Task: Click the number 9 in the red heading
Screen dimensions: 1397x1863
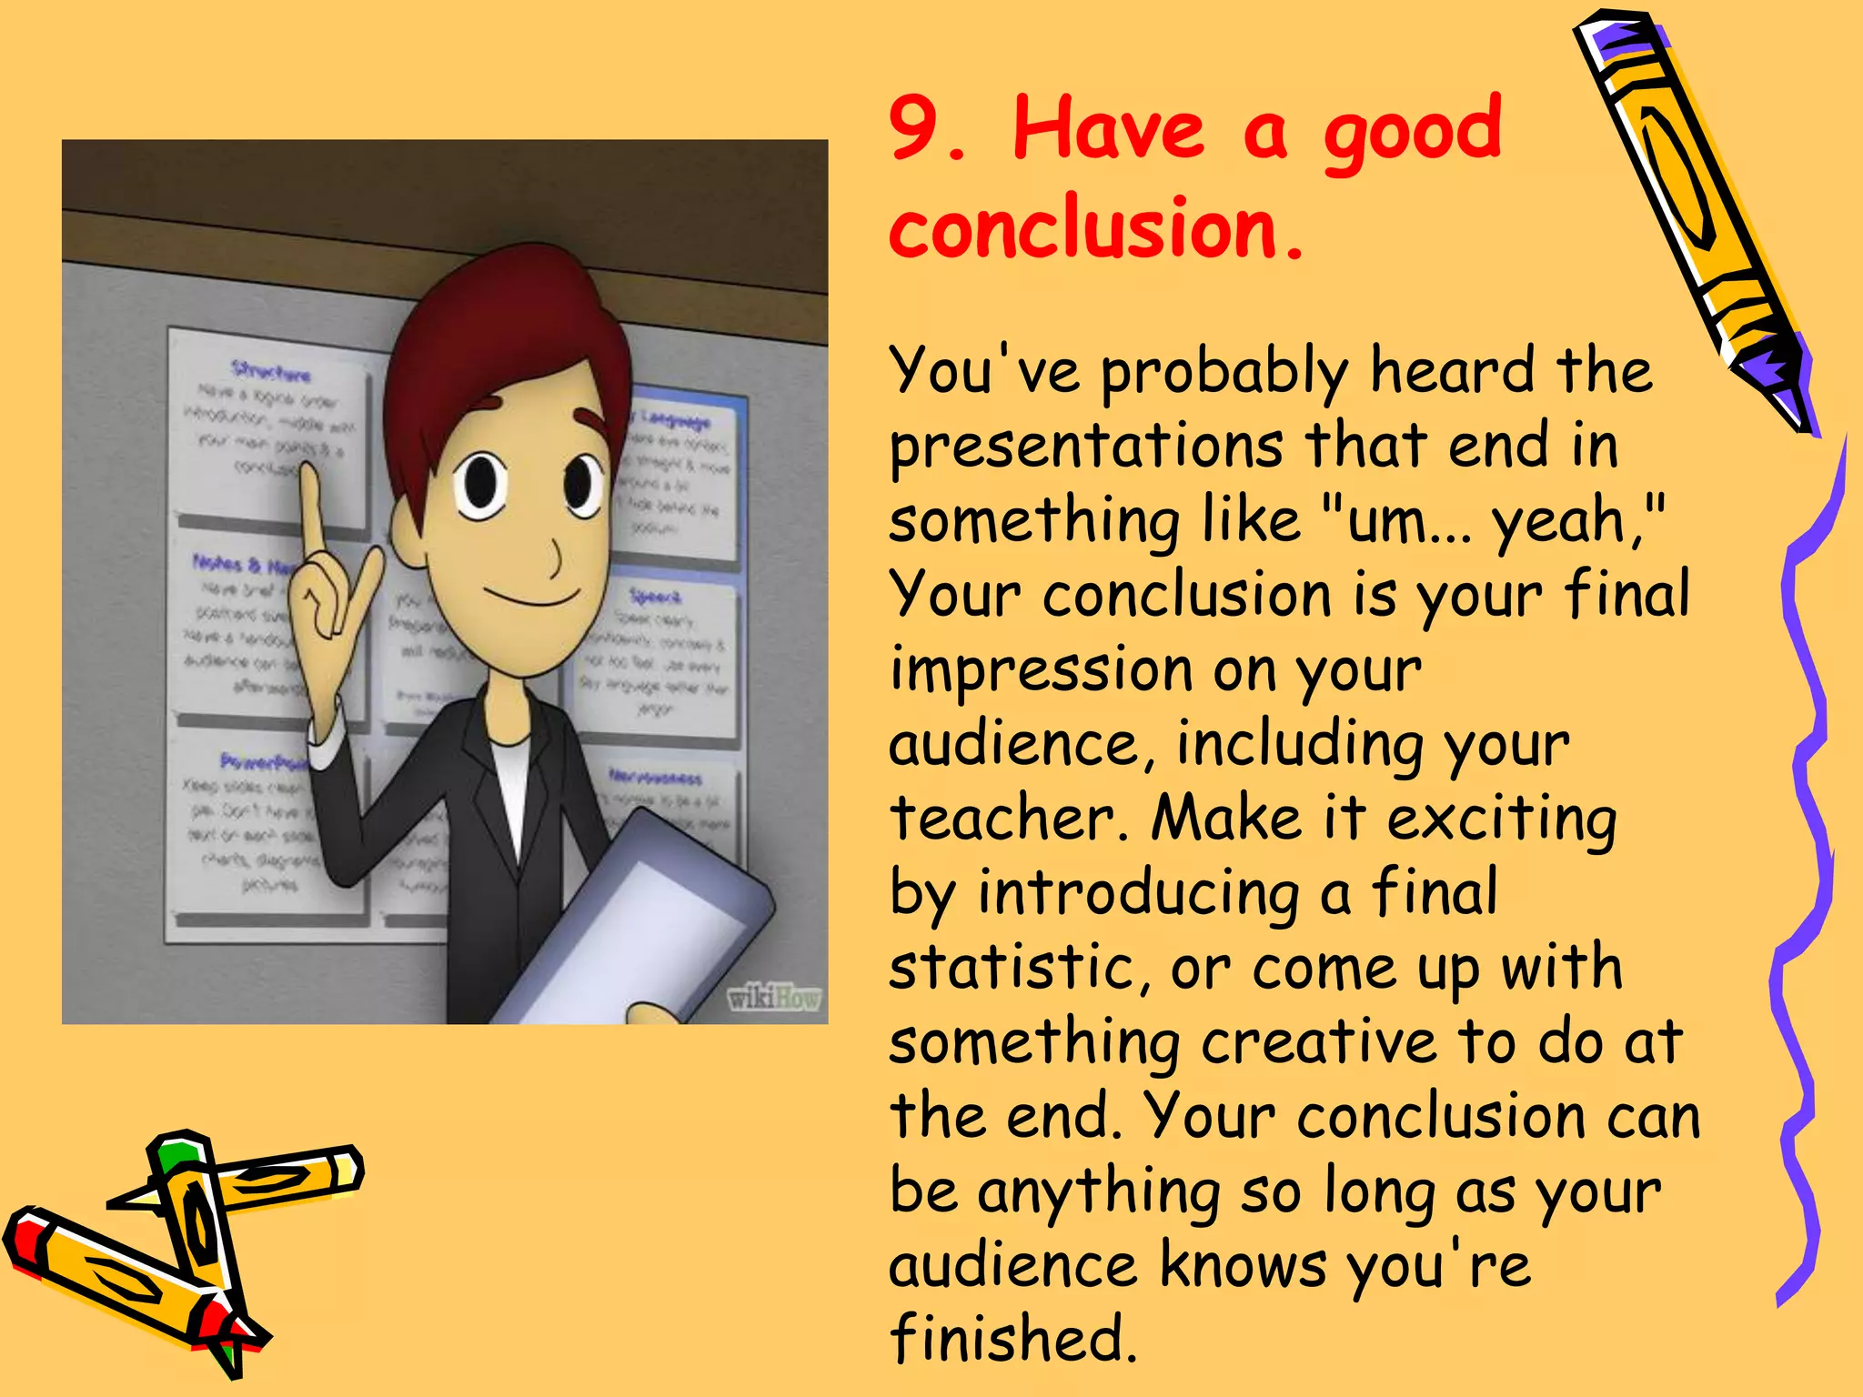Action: coord(919,128)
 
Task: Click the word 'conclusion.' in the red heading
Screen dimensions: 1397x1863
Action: coord(1096,227)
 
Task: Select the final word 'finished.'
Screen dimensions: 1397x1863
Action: coord(1012,1338)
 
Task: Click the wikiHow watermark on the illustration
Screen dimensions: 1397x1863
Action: coord(774,999)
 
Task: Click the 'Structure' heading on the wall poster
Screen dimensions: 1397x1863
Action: coord(271,371)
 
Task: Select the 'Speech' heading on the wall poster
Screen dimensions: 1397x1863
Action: coord(655,596)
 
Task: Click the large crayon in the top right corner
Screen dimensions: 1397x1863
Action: coord(1692,218)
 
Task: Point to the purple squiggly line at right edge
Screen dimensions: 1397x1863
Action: coord(1806,864)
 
